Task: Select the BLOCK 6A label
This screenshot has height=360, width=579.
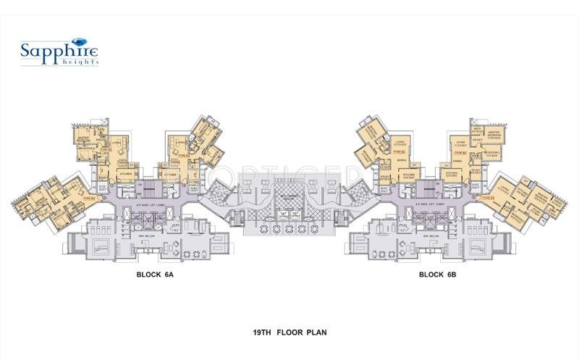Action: tap(153, 275)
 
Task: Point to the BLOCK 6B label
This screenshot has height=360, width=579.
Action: tap(436, 275)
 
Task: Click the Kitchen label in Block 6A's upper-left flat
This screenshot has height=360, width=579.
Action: tap(124, 174)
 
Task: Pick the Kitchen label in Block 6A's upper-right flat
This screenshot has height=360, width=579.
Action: tap(171, 174)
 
